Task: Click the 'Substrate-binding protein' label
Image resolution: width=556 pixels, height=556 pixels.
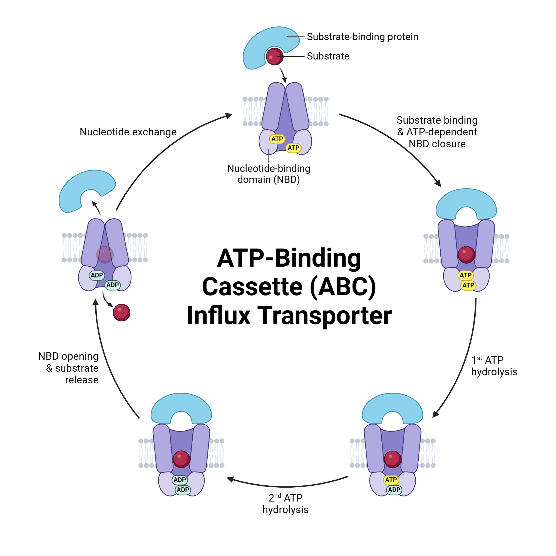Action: [362, 37]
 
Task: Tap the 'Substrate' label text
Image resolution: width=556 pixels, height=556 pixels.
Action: [328, 56]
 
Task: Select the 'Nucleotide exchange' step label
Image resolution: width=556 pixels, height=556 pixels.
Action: [128, 132]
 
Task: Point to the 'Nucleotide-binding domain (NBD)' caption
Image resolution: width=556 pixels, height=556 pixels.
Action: [269, 174]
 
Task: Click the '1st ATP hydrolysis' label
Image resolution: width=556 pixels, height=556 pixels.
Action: [494, 366]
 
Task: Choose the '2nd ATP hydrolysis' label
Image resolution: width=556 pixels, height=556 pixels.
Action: [285, 504]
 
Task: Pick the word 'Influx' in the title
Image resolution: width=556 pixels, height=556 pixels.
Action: [219, 316]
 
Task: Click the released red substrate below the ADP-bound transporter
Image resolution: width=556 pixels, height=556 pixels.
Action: [122, 312]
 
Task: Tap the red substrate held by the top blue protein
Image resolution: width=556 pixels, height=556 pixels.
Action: [275, 57]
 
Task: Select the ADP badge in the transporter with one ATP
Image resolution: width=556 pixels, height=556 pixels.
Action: [394, 490]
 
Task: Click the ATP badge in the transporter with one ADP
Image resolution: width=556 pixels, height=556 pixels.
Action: [391, 480]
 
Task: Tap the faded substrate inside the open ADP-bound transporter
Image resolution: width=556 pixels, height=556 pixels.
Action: [105, 255]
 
